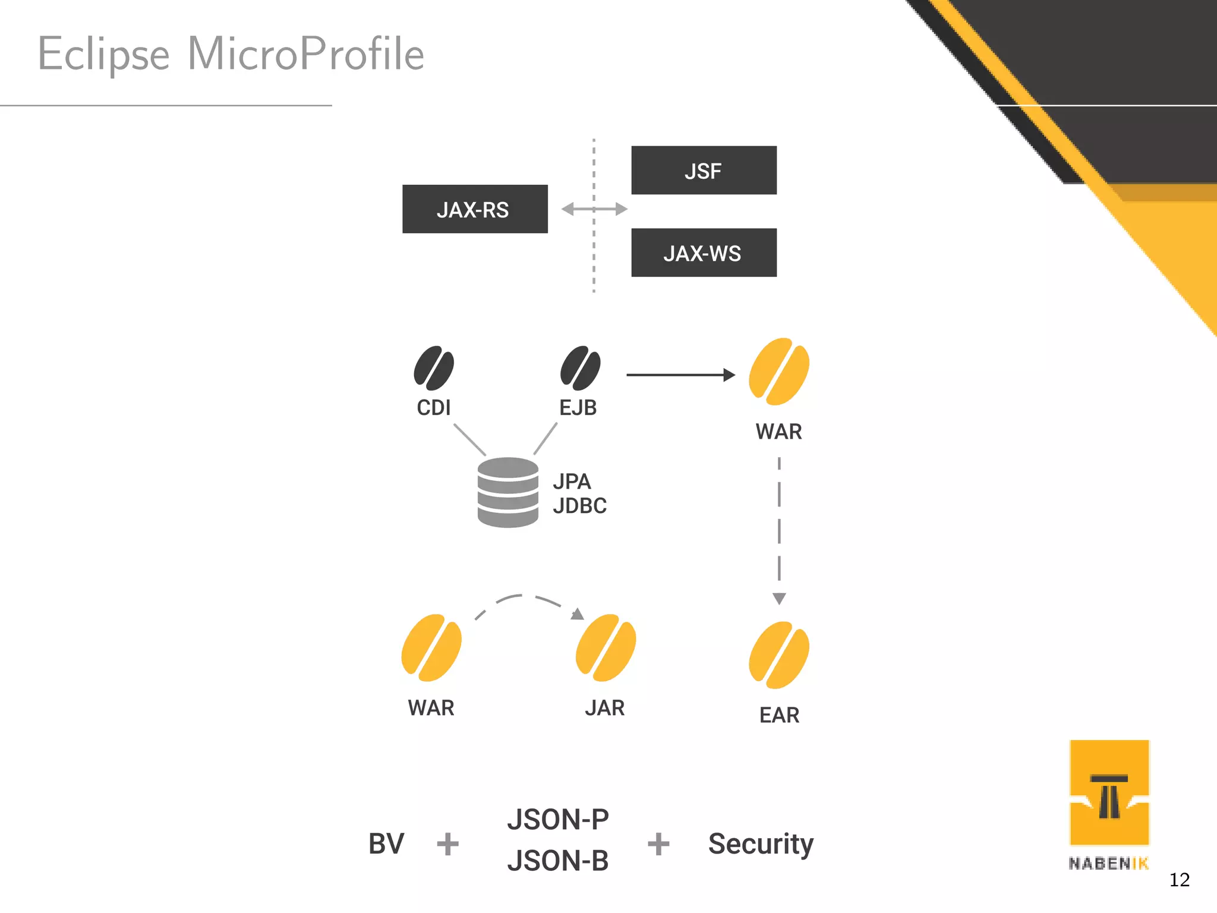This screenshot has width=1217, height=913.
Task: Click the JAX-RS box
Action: (x=475, y=209)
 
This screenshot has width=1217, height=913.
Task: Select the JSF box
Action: (x=704, y=171)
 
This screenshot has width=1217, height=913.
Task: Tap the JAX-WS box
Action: (x=704, y=253)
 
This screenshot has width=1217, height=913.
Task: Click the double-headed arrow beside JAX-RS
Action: (x=594, y=209)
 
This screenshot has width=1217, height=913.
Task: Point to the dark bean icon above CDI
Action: (x=434, y=368)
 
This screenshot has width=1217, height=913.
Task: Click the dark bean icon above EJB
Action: (x=580, y=368)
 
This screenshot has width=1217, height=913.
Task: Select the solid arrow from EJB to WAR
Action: (x=680, y=374)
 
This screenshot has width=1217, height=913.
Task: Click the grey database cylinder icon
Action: (x=508, y=492)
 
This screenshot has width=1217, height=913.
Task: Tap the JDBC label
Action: (x=579, y=506)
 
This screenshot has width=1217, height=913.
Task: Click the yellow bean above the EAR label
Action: (x=778, y=655)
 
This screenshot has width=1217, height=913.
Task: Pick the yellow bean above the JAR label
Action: (x=606, y=648)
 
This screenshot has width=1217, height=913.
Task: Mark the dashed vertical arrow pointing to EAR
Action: (x=779, y=529)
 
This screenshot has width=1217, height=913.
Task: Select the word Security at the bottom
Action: (x=761, y=844)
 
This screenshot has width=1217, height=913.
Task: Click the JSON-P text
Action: (x=557, y=820)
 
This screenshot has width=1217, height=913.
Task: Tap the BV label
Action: (x=386, y=843)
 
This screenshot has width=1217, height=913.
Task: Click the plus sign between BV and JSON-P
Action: (x=447, y=844)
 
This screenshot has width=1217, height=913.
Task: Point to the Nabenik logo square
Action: (x=1109, y=792)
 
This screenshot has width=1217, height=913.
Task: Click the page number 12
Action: (x=1179, y=880)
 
